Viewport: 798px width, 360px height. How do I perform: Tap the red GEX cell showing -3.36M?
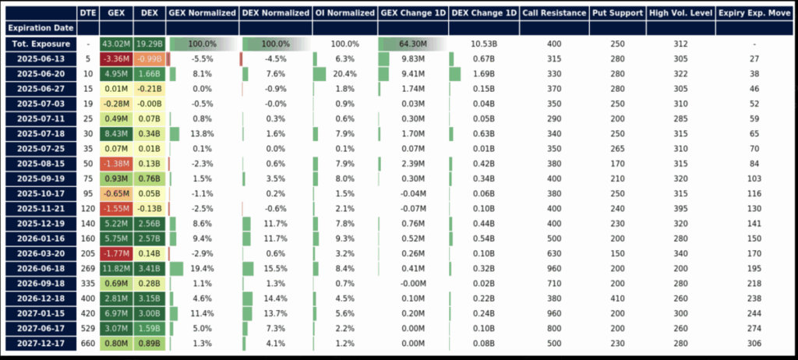point(115,58)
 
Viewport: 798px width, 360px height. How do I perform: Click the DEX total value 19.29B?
point(148,44)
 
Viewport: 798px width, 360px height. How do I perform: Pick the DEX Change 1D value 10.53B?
point(484,44)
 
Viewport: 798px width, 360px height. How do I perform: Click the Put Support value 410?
point(617,298)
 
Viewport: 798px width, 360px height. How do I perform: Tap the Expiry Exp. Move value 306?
point(754,344)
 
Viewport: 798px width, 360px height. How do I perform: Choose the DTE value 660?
point(88,344)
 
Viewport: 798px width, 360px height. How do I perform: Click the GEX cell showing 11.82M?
point(115,269)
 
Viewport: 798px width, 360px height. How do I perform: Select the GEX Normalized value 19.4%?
point(201,269)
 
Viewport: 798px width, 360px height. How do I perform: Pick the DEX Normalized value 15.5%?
point(275,269)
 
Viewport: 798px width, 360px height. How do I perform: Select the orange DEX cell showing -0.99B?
point(148,58)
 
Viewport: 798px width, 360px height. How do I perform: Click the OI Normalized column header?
point(344,13)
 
